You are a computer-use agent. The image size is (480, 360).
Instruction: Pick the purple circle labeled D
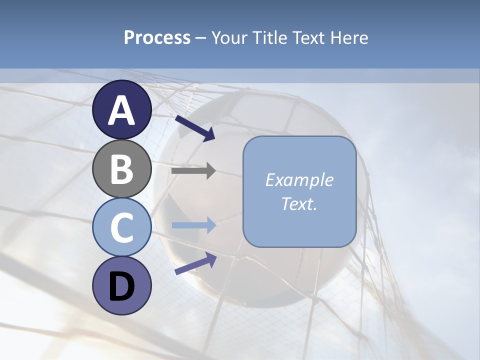point(121,286)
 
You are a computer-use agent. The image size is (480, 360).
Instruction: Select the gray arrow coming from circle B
point(193,171)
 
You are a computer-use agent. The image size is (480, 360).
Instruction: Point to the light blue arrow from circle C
point(193,225)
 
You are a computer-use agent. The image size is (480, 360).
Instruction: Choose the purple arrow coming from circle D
point(195,263)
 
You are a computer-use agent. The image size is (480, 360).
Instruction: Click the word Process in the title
point(157,38)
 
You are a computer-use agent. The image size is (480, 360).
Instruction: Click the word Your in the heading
point(229,38)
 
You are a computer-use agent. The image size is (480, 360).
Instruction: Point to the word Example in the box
point(299,180)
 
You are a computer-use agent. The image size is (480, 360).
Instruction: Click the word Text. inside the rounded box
point(299,204)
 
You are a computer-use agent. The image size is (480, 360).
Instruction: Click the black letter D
point(121,286)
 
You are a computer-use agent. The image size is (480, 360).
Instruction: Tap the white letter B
point(121,169)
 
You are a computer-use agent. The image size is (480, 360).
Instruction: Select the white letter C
point(121,228)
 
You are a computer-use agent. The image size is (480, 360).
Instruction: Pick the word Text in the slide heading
point(306,38)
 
